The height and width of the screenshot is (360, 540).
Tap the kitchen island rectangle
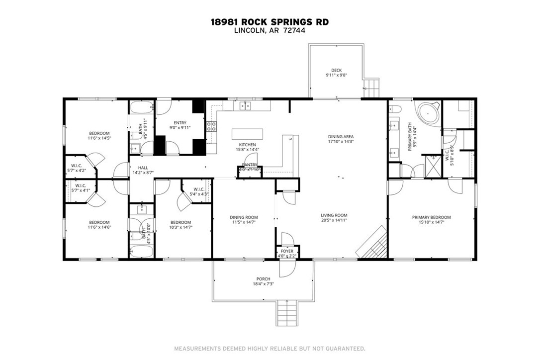tap(246, 134)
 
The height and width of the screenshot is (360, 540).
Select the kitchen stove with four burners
tap(212, 126)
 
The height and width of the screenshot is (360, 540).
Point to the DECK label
tap(337, 70)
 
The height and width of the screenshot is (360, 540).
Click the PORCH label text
tap(263, 278)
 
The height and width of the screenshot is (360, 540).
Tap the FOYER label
tap(287, 252)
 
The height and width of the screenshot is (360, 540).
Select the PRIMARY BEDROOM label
tap(431, 217)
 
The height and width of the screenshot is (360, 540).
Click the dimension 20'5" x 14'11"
tap(334, 220)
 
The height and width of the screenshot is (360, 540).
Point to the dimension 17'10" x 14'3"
tap(341, 142)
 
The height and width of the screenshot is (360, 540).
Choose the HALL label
tap(143, 168)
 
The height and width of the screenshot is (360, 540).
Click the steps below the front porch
tap(287, 312)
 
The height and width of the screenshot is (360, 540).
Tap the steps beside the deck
tap(371, 88)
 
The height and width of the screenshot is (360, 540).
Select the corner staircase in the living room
tap(373, 244)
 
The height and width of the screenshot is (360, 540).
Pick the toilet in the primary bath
tap(396, 109)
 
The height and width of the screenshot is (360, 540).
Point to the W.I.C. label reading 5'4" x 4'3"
tap(199, 191)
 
